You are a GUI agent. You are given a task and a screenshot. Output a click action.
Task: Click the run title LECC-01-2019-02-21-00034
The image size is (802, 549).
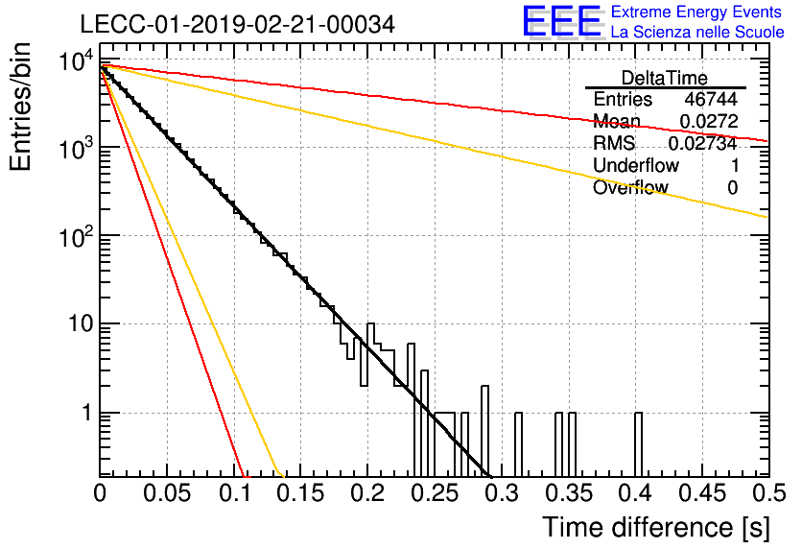[238, 24]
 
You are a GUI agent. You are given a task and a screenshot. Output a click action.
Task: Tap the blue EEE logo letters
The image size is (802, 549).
[561, 21]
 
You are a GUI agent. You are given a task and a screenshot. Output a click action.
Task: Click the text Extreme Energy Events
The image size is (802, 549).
[696, 12]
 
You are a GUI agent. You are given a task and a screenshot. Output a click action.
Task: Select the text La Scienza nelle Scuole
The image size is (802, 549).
[697, 32]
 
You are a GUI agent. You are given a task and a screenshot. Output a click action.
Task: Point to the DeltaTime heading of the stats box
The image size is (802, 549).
[665, 78]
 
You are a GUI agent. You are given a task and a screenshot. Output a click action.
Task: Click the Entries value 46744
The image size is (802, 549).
[711, 99]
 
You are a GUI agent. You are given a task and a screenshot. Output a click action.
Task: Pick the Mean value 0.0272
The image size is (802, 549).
[709, 121]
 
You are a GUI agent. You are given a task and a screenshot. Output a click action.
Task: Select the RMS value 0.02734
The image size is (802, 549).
[703, 143]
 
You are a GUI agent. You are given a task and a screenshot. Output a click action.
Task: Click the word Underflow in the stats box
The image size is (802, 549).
[636, 165]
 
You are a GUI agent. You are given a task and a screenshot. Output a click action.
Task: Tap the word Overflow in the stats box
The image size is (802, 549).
[630, 187]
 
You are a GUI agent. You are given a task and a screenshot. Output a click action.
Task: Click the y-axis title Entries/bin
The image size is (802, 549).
[20, 107]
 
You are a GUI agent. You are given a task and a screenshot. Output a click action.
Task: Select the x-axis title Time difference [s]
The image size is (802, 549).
[656, 527]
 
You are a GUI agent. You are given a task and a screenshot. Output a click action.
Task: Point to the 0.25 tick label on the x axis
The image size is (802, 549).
[435, 493]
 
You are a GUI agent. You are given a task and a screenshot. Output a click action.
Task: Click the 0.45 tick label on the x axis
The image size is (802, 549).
[703, 493]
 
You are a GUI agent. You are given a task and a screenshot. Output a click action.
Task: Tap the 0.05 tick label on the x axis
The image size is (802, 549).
[167, 493]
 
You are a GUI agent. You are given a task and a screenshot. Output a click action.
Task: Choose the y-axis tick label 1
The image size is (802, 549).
[87, 413]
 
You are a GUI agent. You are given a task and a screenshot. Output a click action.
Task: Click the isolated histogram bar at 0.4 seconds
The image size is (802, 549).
[638, 444]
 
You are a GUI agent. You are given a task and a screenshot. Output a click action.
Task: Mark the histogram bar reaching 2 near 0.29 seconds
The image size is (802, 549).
[484, 431]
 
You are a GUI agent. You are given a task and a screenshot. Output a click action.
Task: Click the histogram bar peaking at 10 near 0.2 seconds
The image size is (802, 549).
[371, 354]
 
